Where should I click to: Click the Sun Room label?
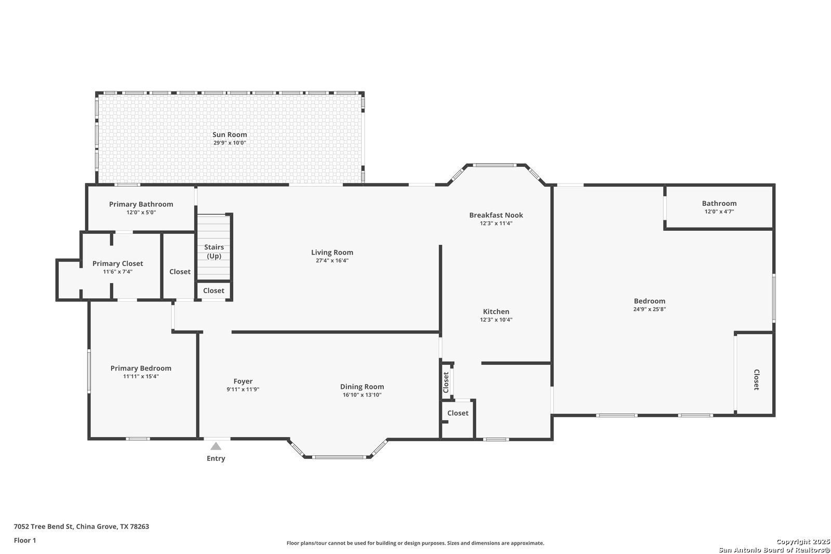point(230,135)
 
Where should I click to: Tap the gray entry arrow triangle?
point(216,446)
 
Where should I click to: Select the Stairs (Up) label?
point(214,252)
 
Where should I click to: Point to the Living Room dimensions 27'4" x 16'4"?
point(332,261)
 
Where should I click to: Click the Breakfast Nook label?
point(496,215)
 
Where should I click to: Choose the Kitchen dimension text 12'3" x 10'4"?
point(496,320)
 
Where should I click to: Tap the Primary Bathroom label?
point(141,204)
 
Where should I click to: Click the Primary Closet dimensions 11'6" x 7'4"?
point(117,272)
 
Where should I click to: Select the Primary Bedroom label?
point(141,368)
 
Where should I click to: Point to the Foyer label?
point(243,381)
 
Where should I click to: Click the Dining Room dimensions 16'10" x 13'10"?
point(362,394)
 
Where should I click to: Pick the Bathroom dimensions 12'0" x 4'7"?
point(719,212)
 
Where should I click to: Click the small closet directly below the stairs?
point(213,291)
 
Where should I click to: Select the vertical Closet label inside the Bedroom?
point(756,379)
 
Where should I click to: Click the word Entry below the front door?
point(216,458)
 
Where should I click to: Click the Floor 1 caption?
point(25,540)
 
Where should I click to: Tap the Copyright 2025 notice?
point(803,542)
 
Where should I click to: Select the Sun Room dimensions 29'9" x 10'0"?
point(230,143)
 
